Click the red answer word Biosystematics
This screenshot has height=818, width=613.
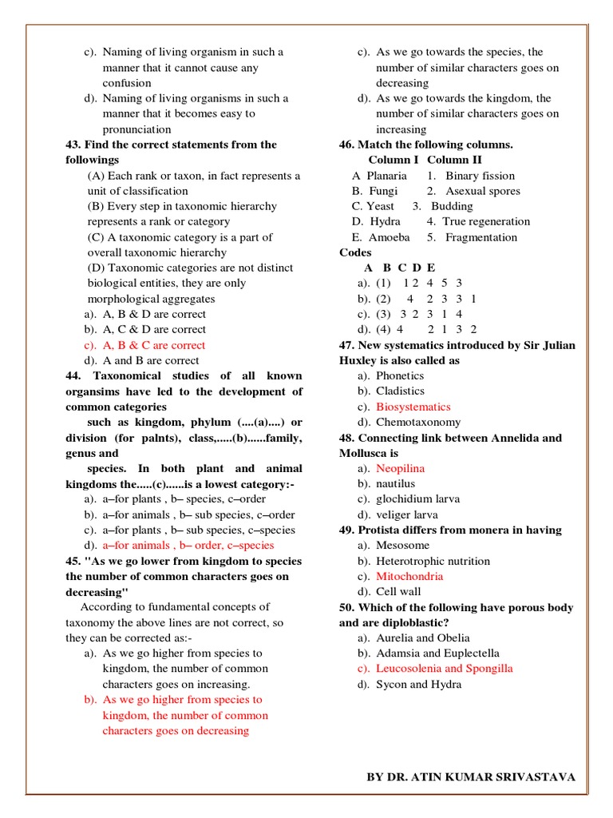(413, 407)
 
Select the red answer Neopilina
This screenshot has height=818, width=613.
(400, 468)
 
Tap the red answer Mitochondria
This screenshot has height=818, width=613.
(409, 576)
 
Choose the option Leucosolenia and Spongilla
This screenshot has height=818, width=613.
(444, 669)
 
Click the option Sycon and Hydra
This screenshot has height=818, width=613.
(418, 684)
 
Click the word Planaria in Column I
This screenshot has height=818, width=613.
(386, 176)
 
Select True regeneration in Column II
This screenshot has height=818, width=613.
(485, 221)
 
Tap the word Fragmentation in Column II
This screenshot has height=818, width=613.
(481, 237)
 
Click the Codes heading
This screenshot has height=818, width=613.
(355, 252)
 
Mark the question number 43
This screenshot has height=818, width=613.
(73, 145)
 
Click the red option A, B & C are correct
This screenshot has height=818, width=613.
(153, 345)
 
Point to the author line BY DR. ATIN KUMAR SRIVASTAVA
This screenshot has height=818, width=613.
(470, 776)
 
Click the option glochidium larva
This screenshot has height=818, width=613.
(418, 499)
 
